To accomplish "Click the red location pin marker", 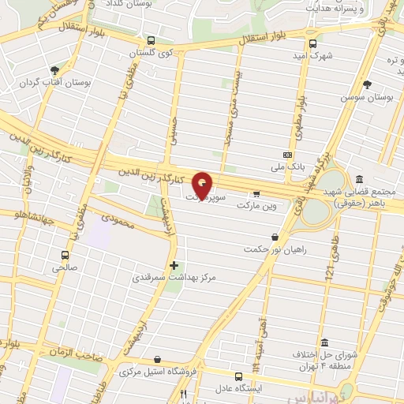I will (202, 185).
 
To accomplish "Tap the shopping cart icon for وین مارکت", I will (256, 194).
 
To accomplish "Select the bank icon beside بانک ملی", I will (288, 155).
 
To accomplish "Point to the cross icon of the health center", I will (174, 265).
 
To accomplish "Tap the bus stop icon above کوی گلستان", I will (151, 41).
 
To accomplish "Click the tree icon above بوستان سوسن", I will (367, 84).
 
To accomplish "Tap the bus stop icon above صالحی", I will (65, 256).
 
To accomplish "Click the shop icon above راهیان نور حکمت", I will (275, 236).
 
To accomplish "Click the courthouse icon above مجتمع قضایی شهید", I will (361, 180).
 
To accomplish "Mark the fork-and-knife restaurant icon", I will (184, 392).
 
